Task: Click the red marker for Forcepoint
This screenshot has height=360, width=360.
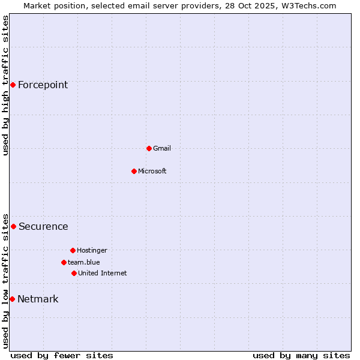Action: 13,85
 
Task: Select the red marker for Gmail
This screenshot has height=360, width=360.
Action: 149,148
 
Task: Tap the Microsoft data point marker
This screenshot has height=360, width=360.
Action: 134,171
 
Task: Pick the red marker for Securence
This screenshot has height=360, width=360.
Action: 13,226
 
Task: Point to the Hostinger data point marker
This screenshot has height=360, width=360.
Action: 73,250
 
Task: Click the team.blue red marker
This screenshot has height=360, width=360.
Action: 64,262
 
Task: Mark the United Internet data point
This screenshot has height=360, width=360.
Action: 74,273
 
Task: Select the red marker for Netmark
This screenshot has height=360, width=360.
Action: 12,299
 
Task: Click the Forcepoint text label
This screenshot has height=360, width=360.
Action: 43,85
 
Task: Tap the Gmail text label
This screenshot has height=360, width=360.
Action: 162,148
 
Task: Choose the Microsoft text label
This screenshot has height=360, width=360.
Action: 152,171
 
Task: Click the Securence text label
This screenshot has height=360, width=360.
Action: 43,227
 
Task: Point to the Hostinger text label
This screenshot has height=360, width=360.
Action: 92,250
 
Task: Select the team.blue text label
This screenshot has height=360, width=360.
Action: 84,262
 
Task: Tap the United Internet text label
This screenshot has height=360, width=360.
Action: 103,273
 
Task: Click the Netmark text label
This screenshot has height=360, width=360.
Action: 38,299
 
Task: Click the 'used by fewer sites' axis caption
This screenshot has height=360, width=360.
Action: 62,355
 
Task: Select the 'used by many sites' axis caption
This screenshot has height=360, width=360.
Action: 301,355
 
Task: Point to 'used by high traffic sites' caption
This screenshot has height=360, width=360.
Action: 5,85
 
